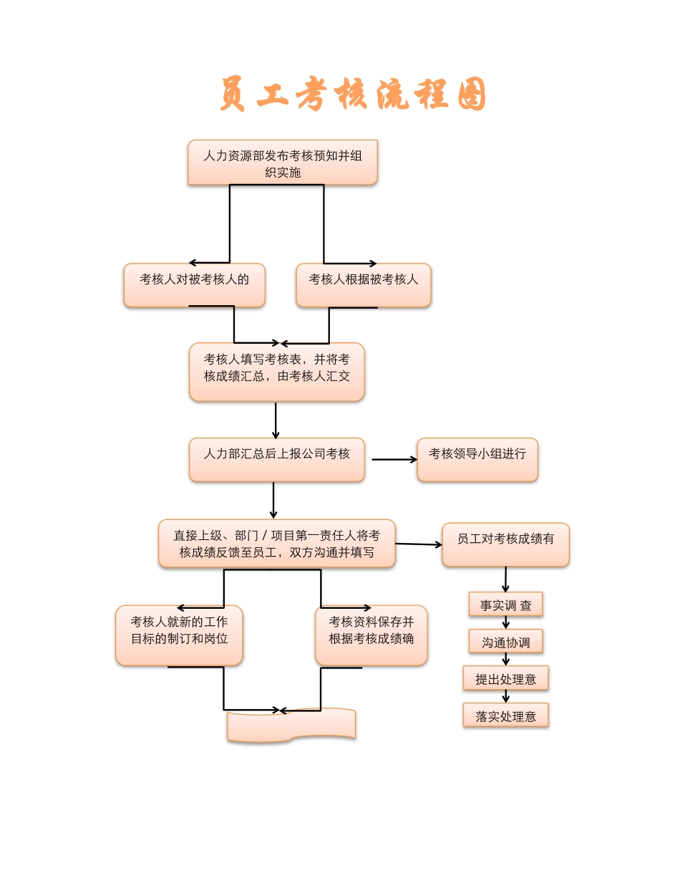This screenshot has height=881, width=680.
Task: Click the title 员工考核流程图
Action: (353, 95)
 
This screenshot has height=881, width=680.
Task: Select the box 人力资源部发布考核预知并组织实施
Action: (283, 163)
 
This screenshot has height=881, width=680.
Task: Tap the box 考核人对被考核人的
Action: (194, 285)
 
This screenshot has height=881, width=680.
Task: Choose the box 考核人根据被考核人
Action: (364, 285)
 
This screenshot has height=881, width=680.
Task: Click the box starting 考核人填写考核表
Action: (277, 371)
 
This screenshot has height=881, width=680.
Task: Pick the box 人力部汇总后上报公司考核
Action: (277, 459)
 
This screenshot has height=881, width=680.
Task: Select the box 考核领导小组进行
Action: (477, 459)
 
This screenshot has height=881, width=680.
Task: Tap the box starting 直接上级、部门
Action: (277, 544)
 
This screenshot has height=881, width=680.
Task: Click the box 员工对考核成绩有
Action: (505, 544)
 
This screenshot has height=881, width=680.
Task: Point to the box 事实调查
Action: (505, 605)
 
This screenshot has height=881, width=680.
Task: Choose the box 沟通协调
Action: (505, 642)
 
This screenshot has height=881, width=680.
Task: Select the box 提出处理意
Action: (505, 678)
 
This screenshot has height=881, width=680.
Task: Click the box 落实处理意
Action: (505, 715)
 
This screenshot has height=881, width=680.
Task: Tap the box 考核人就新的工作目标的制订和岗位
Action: (179, 635)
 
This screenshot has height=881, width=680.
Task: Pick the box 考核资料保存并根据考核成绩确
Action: (371, 635)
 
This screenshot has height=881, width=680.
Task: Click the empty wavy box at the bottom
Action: (291, 725)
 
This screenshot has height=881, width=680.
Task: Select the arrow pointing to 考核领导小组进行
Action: (394, 459)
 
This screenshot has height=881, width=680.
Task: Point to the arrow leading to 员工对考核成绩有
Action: (419, 544)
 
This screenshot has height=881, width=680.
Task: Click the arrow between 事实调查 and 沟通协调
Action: (506, 622)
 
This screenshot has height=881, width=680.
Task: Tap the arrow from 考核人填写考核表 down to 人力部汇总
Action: (276, 420)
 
